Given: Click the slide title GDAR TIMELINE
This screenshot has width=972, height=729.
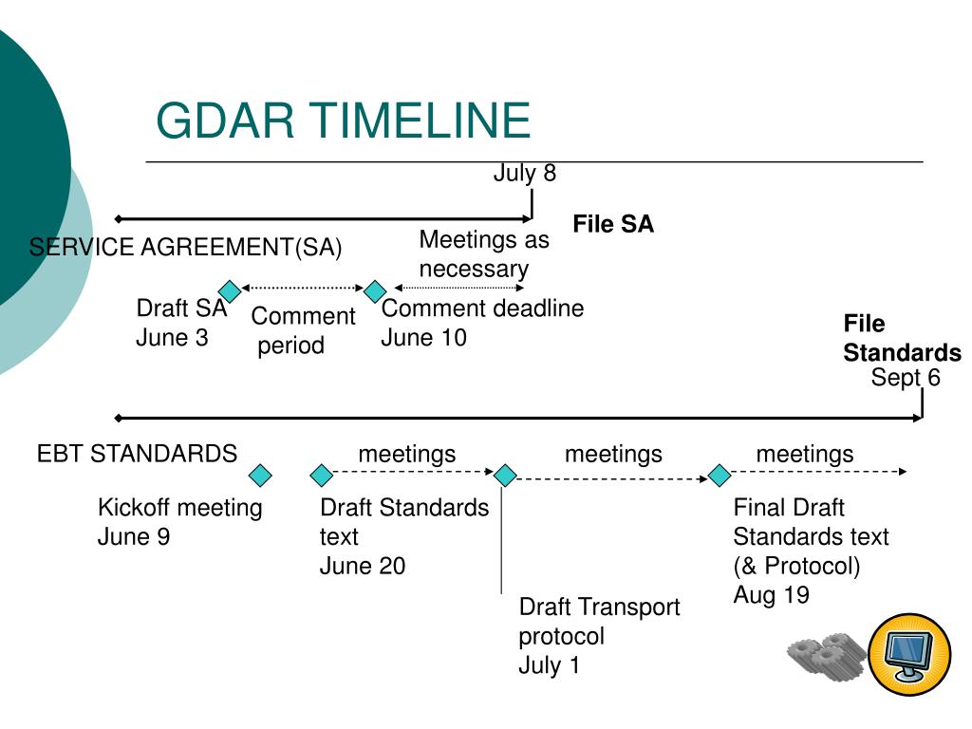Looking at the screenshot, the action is coord(343,121).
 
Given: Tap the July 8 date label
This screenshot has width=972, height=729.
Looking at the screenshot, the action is coord(524,174).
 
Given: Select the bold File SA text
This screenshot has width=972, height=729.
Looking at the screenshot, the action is coord(613,224).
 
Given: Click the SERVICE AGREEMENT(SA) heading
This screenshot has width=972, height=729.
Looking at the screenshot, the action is coord(185,248).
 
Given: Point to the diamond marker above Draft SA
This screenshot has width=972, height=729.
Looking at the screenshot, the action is coord(229,290).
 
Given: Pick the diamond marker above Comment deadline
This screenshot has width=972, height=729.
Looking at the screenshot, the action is coord(376,290).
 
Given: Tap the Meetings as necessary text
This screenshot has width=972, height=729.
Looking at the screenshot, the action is coord(483,254).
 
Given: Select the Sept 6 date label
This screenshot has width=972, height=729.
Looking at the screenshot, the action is coord(906,378).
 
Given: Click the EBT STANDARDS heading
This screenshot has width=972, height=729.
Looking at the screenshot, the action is coord(137,454).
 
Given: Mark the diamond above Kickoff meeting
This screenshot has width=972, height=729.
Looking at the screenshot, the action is coord(259,475).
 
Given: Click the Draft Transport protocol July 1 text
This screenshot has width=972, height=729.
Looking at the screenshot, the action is coord(598,636).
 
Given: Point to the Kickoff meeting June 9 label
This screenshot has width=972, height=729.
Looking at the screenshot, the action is coord(179,522).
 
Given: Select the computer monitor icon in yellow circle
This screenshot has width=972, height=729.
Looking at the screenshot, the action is coord(909,652).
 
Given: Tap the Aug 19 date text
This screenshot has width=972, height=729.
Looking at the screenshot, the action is coord(771,595).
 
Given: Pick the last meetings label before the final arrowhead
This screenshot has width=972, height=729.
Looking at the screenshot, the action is coord(804,454).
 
